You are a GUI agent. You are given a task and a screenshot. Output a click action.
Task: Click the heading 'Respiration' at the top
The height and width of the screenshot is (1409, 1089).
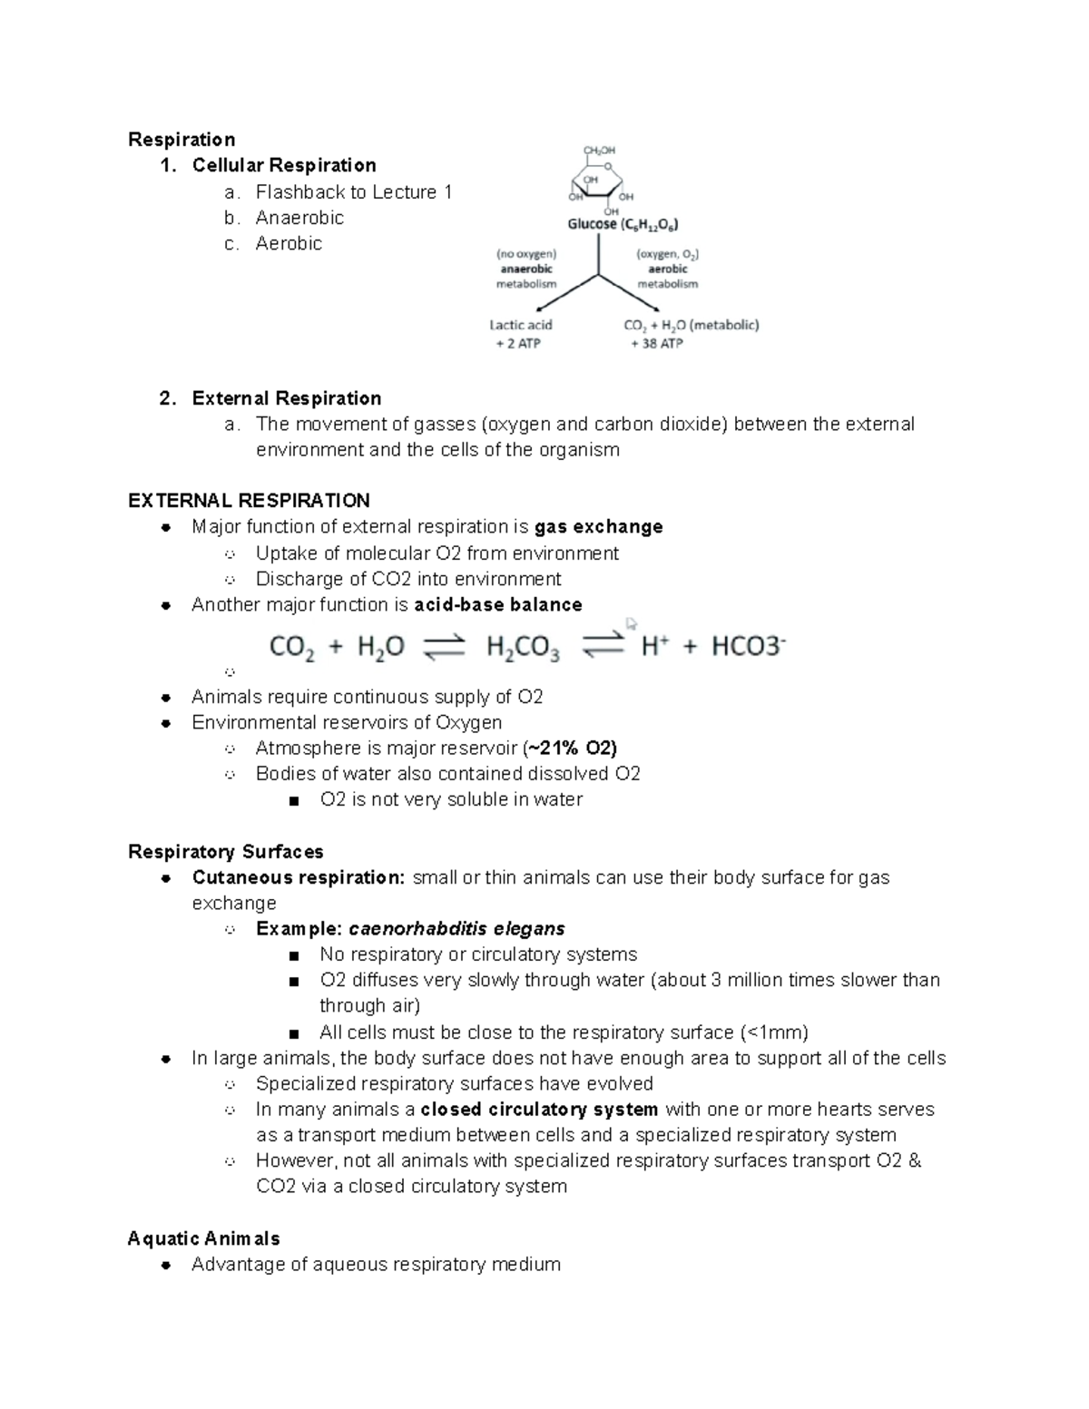click(x=181, y=140)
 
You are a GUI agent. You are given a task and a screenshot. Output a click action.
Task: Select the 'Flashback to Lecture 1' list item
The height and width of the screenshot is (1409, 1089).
click(x=353, y=192)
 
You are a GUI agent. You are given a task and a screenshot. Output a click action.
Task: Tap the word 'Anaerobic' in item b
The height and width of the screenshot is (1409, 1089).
click(x=299, y=218)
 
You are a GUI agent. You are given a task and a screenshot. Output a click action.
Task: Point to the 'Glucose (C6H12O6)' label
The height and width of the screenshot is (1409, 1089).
click(x=623, y=224)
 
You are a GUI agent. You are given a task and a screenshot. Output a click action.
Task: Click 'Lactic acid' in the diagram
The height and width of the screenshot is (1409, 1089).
click(x=521, y=325)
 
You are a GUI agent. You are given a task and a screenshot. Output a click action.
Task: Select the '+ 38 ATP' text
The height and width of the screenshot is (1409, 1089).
click(x=657, y=344)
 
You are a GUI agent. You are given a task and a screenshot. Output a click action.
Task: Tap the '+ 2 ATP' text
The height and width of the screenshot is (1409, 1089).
click(x=518, y=344)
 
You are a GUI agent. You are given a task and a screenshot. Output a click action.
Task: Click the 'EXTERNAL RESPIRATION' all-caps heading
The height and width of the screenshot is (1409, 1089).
click(x=249, y=501)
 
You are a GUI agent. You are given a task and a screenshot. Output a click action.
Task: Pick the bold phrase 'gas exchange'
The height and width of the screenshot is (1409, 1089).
click(x=599, y=527)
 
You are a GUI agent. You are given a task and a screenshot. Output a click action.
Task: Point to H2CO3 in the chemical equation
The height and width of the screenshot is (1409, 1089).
click(x=523, y=648)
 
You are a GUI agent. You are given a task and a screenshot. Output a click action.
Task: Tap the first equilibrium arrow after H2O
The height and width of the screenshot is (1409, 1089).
click(x=445, y=648)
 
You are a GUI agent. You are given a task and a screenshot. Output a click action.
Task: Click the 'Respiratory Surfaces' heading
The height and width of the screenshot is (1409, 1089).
click(x=225, y=852)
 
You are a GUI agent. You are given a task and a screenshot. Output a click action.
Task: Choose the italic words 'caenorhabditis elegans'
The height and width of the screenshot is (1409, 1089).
click(x=456, y=929)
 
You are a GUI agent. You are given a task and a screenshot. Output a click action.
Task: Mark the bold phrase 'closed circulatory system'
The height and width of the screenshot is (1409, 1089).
click(x=539, y=1110)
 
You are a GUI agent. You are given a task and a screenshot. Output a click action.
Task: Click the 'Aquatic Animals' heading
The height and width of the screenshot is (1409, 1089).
click(x=203, y=1238)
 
